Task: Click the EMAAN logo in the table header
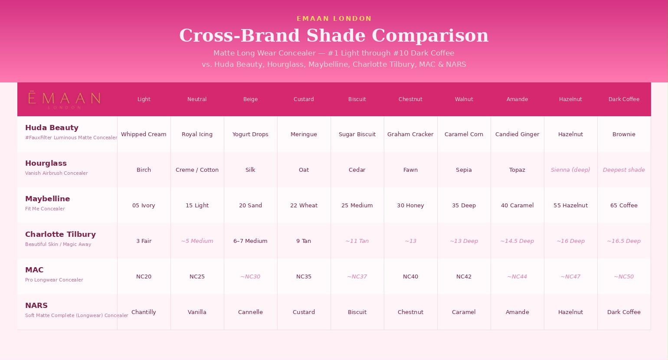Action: click(x=64, y=100)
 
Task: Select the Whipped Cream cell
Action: click(x=144, y=134)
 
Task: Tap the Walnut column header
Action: click(x=464, y=99)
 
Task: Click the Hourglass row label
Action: click(x=46, y=163)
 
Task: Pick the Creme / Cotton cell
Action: click(x=197, y=170)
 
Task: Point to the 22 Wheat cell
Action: click(x=304, y=205)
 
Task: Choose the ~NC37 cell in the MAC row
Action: click(x=357, y=276)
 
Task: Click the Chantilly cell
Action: click(x=144, y=312)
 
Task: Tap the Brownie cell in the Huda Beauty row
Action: click(x=624, y=134)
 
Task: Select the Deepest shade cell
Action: click(x=624, y=170)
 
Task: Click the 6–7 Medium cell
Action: click(x=251, y=241)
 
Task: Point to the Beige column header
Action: click(x=251, y=99)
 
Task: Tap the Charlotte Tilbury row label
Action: click(x=61, y=234)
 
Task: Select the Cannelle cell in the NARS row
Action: click(x=251, y=312)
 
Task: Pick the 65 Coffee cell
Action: click(x=624, y=205)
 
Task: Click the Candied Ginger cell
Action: click(x=517, y=134)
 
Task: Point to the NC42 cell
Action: click(x=464, y=276)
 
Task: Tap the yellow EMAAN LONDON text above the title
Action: click(x=334, y=19)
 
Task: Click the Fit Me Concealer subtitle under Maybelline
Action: click(x=45, y=209)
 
